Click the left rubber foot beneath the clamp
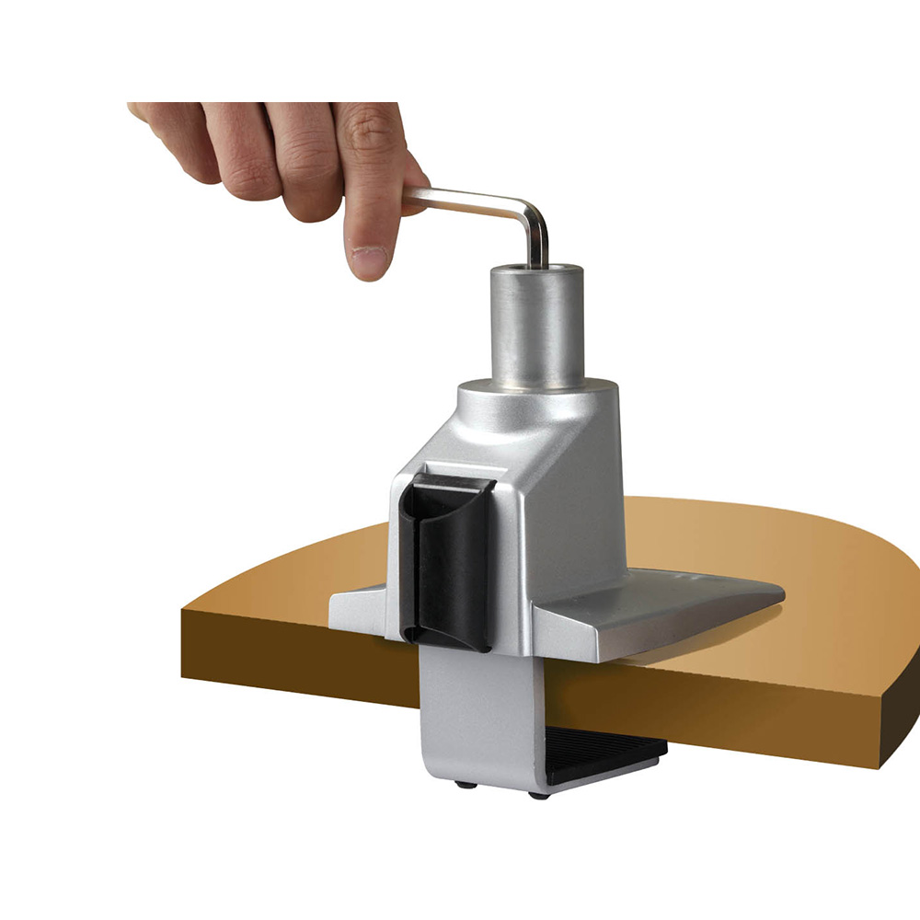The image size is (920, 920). [460, 784]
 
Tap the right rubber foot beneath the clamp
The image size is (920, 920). [538, 793]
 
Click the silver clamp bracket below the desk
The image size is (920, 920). [478, 718]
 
